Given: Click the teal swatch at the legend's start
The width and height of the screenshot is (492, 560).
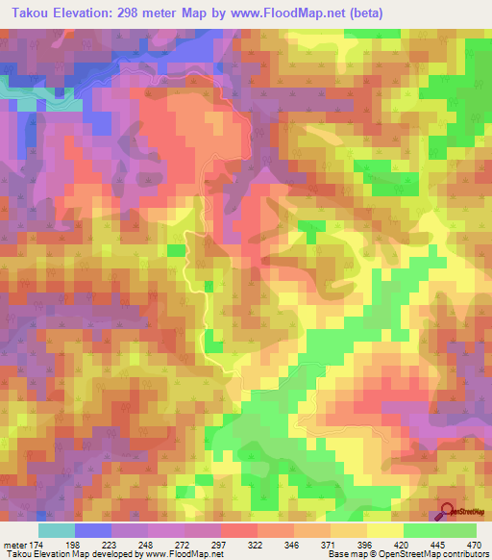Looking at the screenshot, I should (57, 530).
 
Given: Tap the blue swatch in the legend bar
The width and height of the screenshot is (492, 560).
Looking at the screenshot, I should (93, 530).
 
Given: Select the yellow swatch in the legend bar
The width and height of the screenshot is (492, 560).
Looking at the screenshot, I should (384, 530).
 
